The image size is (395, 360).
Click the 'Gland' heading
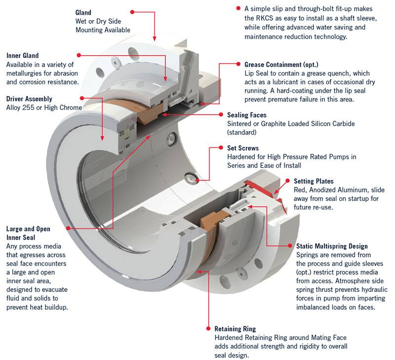click(83, 11)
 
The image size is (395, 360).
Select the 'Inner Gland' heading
click(22, 56)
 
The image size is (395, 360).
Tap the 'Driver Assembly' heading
click(29, 99)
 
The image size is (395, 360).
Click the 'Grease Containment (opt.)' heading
click(281, 65)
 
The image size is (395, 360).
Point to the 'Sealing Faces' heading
click(248, 114)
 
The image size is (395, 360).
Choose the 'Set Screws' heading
click(242, 147)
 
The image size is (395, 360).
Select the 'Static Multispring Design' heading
click(332, 246)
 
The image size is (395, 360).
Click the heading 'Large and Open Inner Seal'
click(28, 233)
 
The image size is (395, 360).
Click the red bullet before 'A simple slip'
click(238, 9)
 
